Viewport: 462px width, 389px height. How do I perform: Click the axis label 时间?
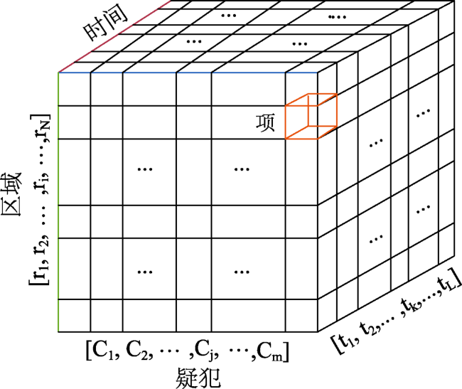105,22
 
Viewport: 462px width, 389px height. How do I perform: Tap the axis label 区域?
12,194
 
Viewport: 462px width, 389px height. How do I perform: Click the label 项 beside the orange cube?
265,122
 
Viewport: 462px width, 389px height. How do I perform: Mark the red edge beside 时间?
115,36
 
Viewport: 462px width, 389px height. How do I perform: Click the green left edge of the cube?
58,202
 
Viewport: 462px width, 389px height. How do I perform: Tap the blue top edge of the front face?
188,73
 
